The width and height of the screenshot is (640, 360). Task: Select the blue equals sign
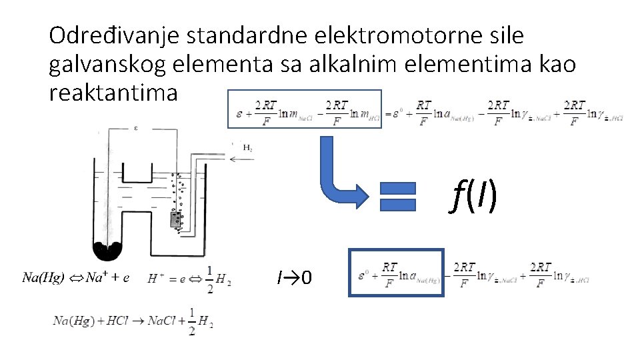coord(397,197)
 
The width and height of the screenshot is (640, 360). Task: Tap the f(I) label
coord(474,196)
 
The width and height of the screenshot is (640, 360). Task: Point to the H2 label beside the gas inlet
coord(247,148)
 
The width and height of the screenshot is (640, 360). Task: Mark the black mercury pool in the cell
coord(107,251)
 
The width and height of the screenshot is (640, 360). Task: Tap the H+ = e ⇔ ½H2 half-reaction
coord(190,279)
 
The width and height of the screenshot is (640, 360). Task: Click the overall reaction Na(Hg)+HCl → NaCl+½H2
coord(133,321)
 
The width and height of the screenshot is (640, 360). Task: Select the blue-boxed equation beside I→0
coord(397,272)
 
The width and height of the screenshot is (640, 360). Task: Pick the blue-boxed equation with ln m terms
coord(305,109)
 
